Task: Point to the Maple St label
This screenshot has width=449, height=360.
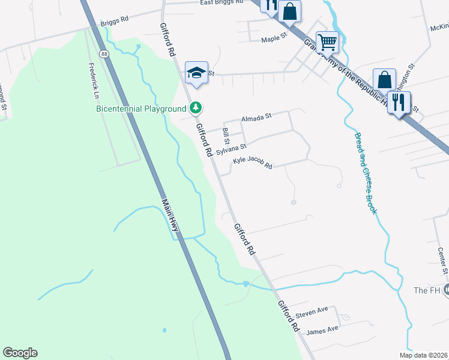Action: (275, 40)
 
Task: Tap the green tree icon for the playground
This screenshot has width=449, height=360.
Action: (196, 108)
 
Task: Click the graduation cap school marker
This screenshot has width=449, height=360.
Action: (196, 73)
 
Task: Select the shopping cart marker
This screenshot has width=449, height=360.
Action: (327, 43)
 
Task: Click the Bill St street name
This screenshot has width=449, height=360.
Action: (226, 136)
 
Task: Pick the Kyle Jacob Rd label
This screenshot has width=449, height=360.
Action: (253, 162)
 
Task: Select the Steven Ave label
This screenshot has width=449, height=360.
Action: (313, 311)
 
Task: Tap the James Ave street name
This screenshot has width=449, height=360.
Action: (322, 329)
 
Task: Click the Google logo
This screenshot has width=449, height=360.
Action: (20, 353)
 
